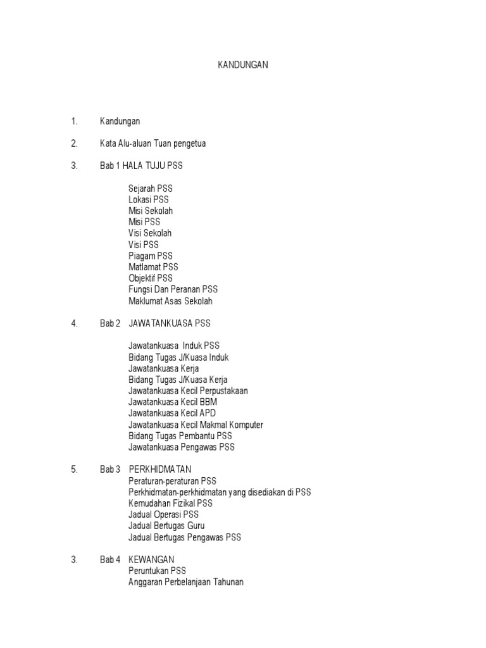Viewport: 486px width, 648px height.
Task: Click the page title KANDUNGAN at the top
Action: (x=243, y=65)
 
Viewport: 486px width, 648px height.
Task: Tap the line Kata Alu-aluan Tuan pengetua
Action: (x=153, y=144)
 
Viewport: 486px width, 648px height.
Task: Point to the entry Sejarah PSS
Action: (x=150, y=189)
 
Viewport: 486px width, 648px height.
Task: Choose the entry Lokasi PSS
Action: (x=149, y=199)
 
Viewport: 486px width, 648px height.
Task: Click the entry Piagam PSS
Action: (x=150, y=256)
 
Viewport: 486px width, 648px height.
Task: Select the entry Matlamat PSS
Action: (x=153, y=267)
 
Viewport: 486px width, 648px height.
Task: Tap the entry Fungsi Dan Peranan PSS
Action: (x=173, y=289)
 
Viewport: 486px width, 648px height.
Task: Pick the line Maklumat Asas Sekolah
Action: (x=170, y=301)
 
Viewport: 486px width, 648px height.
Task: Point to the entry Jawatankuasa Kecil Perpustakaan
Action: (x=188, y=390)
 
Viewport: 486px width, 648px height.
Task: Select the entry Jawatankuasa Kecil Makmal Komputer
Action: (x=196, y=425)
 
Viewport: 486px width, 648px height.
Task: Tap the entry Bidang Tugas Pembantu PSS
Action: (x=180, y=436)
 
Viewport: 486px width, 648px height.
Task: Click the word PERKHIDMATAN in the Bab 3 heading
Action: (x=159, y=470)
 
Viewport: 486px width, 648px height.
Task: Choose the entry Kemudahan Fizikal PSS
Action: (x=170, y=503)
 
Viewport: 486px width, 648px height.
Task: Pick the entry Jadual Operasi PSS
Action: (x=163, y=514)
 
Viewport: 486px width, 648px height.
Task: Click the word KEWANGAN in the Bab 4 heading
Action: (x=151, y=559)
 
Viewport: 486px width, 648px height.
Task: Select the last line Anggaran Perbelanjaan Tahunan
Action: (x=185, y=582)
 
